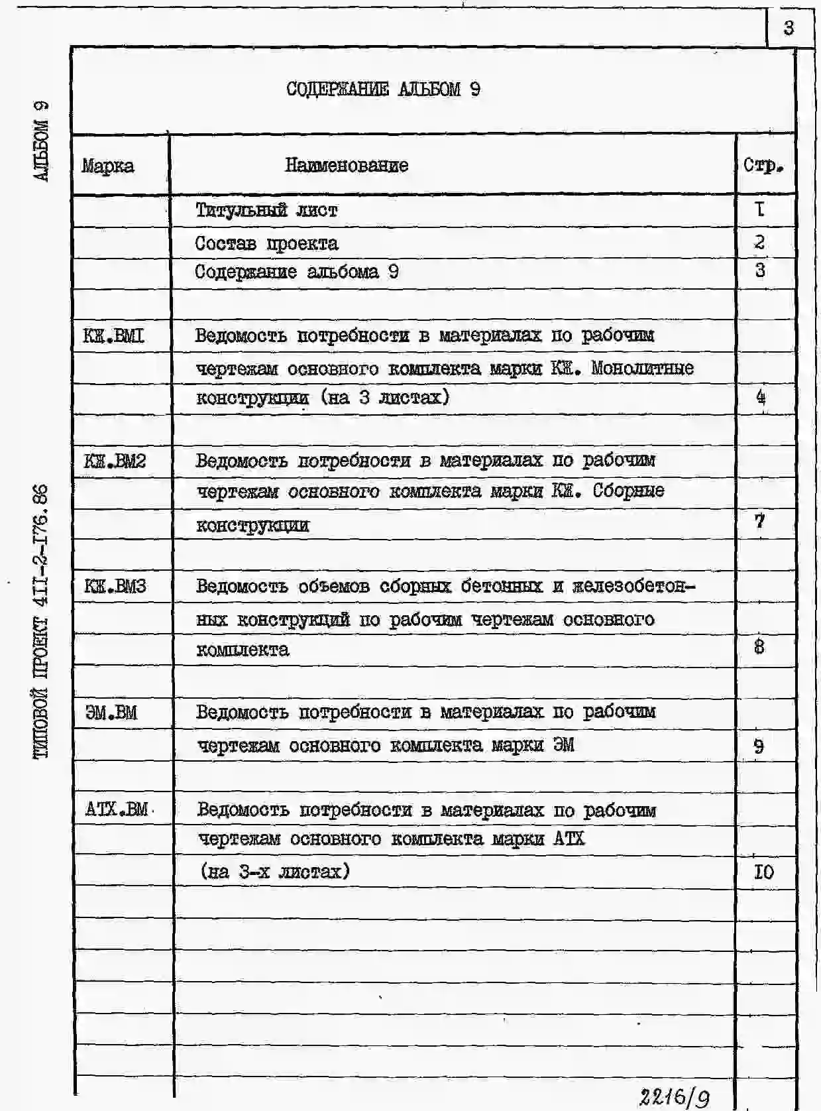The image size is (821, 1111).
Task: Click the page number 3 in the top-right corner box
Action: click(788, 29)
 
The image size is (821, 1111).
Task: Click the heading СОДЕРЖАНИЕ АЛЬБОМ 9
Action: click(383, 89)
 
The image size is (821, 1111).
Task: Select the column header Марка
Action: click(108, 166)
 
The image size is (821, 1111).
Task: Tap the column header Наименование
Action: click(347, 165)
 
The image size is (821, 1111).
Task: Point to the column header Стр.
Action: click(763, 165)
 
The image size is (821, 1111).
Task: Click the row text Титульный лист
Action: click(266, 211)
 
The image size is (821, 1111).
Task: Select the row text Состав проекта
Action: click(266, 244)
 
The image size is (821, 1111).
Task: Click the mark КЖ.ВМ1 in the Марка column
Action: click(114, 336)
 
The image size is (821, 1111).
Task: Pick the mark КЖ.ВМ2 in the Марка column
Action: click(115, 460)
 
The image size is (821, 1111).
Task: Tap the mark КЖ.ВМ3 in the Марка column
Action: click(115, 586)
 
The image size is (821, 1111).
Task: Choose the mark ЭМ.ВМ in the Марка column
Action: click(111, 713)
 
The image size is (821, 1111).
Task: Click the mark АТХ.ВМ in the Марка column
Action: click(117, 809)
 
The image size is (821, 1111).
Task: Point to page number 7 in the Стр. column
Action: click(760, 521)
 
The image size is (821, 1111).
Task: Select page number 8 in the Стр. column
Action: click(759, 646)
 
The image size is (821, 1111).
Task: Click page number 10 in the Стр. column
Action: click(763, 872)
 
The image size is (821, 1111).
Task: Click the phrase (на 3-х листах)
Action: click(275, 871)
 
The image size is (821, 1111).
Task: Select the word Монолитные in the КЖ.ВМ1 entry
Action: click(642, 368)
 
